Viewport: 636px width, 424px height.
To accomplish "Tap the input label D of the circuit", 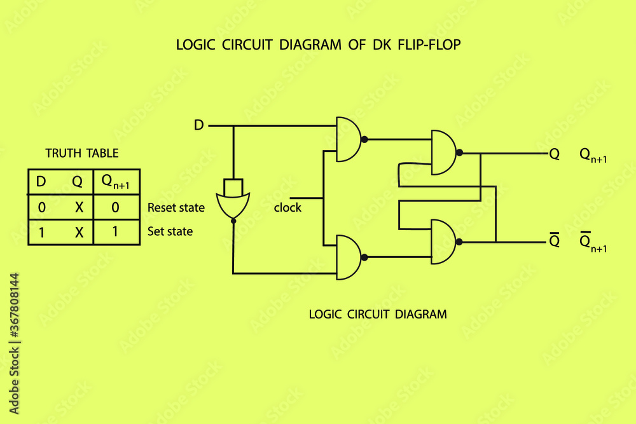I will [198, 126].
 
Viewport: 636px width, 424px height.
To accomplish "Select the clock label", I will [287, 208].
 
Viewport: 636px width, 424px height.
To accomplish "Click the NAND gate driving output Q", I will [443, 153].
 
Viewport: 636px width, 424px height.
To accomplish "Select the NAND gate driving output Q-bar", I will [443, 242].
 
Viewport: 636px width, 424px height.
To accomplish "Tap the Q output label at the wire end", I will [554, 154].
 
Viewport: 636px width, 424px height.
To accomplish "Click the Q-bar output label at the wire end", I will [554, 241].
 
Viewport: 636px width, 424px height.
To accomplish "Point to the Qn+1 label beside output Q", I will [592, 155].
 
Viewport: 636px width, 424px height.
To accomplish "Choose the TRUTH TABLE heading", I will [81, 153].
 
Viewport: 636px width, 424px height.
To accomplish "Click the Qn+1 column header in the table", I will [116, 182].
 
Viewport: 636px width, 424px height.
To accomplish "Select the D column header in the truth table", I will [41, 182].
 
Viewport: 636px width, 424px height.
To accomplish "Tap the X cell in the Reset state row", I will [78, 207].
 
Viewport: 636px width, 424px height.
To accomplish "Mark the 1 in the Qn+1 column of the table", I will [115, 232].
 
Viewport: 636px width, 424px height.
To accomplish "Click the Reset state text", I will [176, 208].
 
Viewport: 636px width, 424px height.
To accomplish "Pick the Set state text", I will [170, 231].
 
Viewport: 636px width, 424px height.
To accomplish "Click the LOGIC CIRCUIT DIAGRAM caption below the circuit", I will [377, 314].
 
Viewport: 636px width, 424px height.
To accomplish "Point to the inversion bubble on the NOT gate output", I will [233, 221].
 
